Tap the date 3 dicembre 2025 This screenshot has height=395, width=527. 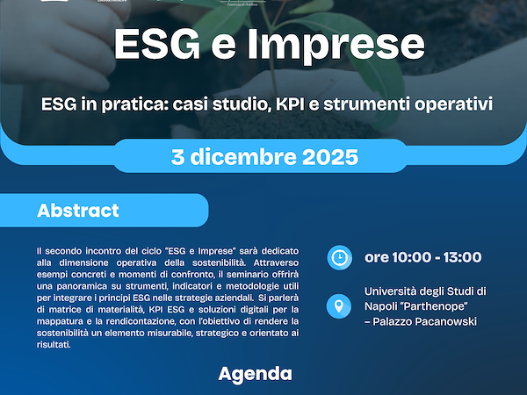[264, 157]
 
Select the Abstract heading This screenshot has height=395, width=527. [78, 212]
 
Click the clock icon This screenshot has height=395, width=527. [338, 257]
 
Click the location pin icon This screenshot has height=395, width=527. [338, 306]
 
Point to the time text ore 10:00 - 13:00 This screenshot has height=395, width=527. [423, 257]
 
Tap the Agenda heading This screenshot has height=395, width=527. [255, 374]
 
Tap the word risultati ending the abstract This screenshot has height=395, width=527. [54, 346]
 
